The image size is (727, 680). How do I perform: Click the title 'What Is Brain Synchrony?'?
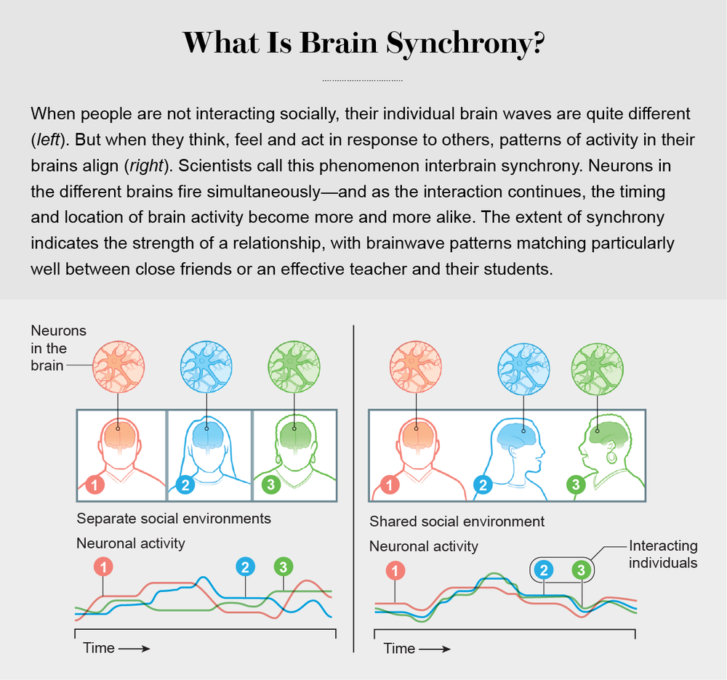pyautogui.click(x=363, y=43)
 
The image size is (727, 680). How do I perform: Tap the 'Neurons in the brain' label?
pyautogui.click(x=58, y=348)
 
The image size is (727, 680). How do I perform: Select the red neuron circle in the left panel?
pyautogui.click(x=118, y=363)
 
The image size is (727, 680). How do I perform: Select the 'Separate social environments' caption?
pyautogui.click(x=174, y=519)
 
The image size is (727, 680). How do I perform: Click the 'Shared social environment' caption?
pyautogui.click(x=457, y=522)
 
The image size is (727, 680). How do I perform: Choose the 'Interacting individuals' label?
pyautogui.click(x=662, y=554)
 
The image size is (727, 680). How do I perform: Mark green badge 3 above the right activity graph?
pyautogui.click(x=580, y=570)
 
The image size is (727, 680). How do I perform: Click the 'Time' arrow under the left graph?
pyautogui.click(x=134, y=647)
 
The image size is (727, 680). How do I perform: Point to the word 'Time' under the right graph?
pyautogui.click(x=399, y=648)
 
